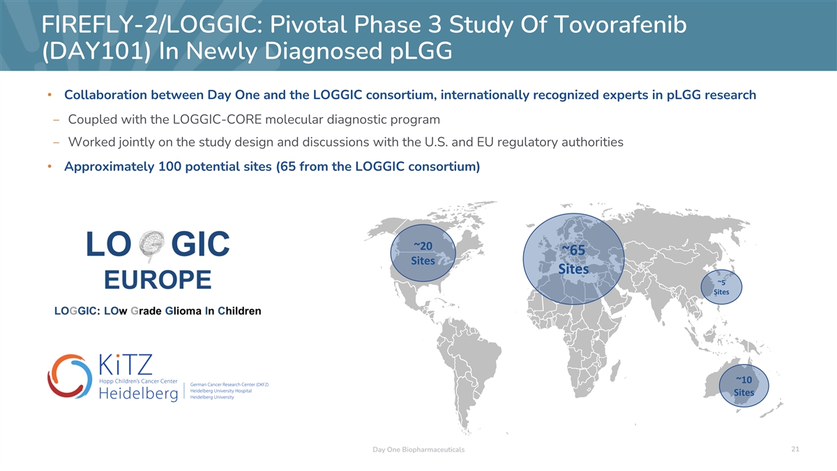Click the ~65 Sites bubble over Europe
573,259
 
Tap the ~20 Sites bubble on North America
423,253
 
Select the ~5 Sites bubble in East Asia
721,287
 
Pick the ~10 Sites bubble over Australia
744,386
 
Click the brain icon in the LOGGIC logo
151,246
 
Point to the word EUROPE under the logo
158,280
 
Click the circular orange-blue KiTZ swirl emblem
70,376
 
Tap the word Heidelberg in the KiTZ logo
139,394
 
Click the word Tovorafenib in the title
620,24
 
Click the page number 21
795,449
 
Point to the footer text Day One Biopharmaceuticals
418,449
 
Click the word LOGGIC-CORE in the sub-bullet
217,119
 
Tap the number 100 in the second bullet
169,166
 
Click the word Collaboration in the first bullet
105,95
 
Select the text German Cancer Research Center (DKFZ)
229,384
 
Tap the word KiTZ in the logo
126,364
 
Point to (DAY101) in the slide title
96,51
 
